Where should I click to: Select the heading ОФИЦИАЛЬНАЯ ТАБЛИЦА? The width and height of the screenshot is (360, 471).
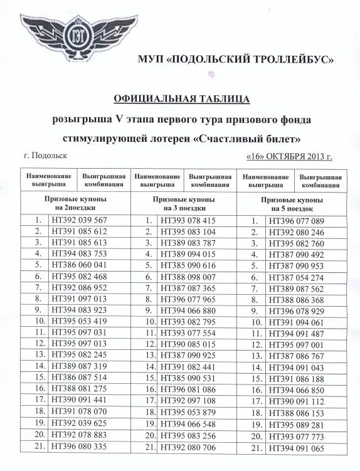pyautogui.click(x=182, y=99)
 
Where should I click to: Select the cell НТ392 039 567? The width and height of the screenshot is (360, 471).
pyautogui.click(x=82, y=220)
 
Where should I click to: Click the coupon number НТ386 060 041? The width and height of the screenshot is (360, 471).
pyautogui.click(x=82, y=265)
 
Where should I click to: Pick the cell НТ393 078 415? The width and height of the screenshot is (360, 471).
pyautogui.click(x=189, y=221)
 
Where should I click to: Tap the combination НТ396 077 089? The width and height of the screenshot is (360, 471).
pyautogui.click(x=296, y=221)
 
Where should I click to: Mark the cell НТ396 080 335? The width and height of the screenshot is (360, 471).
pyautogui.click(x=82, y=447)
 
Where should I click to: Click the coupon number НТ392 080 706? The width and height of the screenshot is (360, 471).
pyautogui.click(x=189, y=447)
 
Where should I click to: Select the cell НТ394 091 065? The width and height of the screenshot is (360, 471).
pyautogui.click(x=296, y=447)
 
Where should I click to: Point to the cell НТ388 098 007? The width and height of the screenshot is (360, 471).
pyautogui.click(x=189, y=277)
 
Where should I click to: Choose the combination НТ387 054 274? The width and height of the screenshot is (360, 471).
pyautogui.click(x=296, y=277)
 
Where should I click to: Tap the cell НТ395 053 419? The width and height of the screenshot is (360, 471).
pyautogui.click(x=82, y=322)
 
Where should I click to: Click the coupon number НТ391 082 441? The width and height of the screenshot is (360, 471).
pyautogui.click(x=189, y=368)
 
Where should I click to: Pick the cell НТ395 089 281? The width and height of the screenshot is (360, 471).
pyautogui.click(x=296, y=425)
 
